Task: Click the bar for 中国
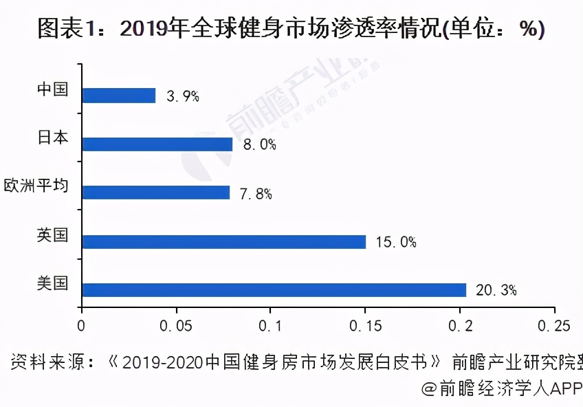click(x=119, y=96)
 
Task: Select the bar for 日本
click(x=157, y=144)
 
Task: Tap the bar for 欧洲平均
click(x=155, y=192)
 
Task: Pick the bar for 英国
click(x=223, y=241)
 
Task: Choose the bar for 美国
click(x=274, y=290)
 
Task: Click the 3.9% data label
click(x=183, y=96)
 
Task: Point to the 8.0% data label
click(x=259, y=145)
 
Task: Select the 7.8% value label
click(x=256, y=194)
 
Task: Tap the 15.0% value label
click(x=396, y=242)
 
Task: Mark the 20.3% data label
click(x=496, y=291)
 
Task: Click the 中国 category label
click(x=53, y=89)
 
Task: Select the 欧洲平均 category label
click(x=36, y=186)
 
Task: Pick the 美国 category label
click(x=53, y=283)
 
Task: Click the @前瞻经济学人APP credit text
click(x=502, y=388)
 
